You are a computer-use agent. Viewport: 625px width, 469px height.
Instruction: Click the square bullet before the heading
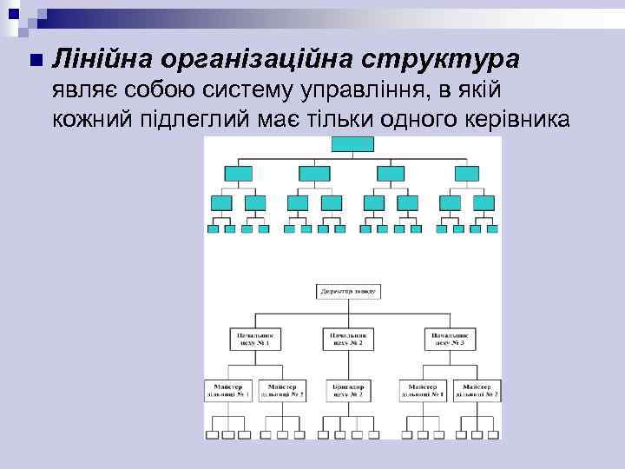coord(34,60)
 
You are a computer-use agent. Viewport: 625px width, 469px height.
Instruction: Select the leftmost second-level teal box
coord(237,173)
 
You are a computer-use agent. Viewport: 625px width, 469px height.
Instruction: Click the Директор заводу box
coord(348,290)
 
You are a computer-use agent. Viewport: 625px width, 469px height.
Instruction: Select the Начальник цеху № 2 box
coord(348,339)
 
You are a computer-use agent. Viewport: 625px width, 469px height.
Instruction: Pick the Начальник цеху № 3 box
coord(451,339)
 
